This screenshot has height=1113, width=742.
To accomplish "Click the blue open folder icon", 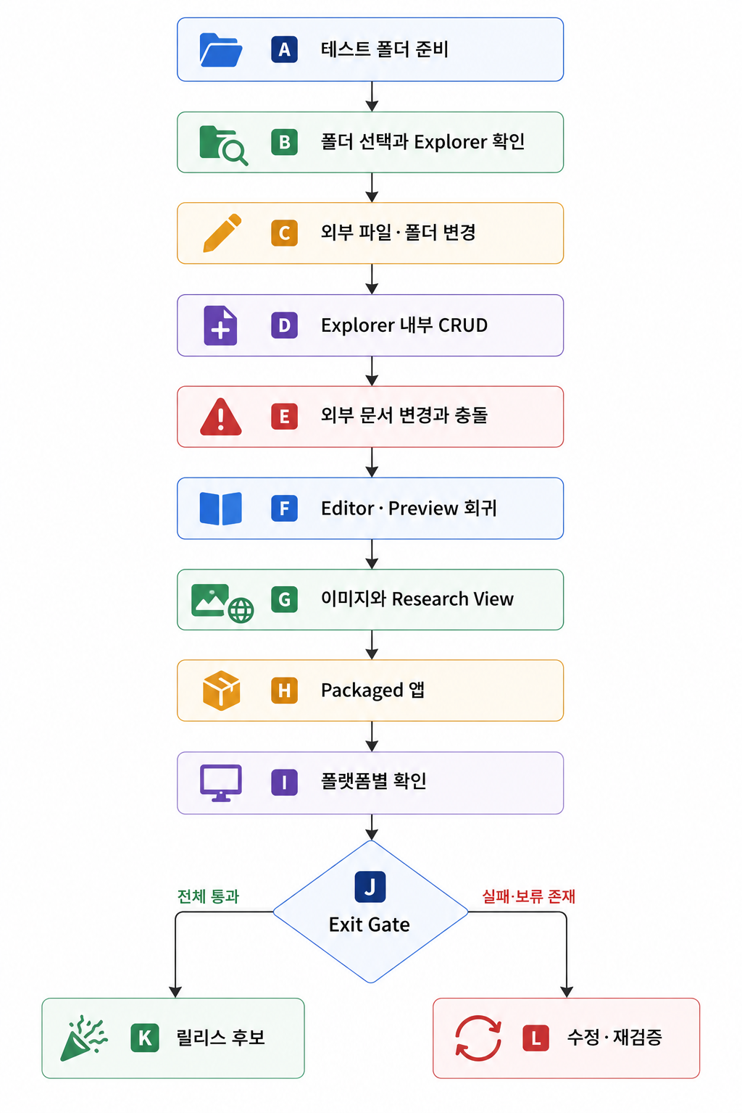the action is [221, 50].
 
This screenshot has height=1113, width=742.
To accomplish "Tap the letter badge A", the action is [284, 50].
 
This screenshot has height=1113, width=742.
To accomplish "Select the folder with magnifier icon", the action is [223, 145].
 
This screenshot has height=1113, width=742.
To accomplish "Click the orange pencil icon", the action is [222, 233].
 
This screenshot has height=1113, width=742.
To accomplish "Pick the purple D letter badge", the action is [284, 325].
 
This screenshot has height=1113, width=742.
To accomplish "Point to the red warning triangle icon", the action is [221, 417].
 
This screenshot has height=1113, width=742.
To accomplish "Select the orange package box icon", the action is [222, 690].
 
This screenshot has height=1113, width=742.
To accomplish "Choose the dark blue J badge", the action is [370, 886].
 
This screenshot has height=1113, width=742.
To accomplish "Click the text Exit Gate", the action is [370, 925].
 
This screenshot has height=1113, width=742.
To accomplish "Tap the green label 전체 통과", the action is [208, 896].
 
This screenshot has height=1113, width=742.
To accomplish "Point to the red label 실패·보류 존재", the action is [529, 896].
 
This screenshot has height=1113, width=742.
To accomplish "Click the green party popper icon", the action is [83, 1038].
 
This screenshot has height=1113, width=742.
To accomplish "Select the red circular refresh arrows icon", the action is [478, 1038].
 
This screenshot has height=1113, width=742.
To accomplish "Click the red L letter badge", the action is [535, 1038].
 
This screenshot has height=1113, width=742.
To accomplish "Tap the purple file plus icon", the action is [221, 325].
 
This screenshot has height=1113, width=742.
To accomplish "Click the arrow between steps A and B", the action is [372, 96].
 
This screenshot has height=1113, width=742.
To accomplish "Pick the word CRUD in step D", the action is [463, 325].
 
